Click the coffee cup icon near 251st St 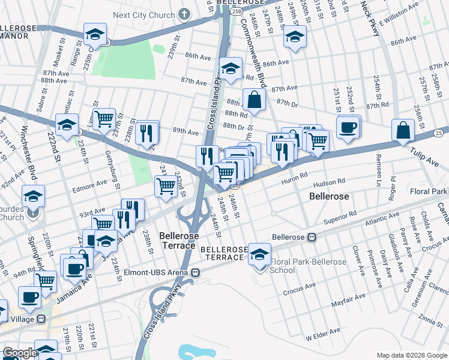348,128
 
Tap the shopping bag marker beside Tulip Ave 403,131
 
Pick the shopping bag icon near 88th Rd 255,101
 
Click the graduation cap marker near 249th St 295,37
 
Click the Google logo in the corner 19,353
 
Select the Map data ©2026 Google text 412,355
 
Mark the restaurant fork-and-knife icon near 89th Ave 147,133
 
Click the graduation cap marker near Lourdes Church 33,196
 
